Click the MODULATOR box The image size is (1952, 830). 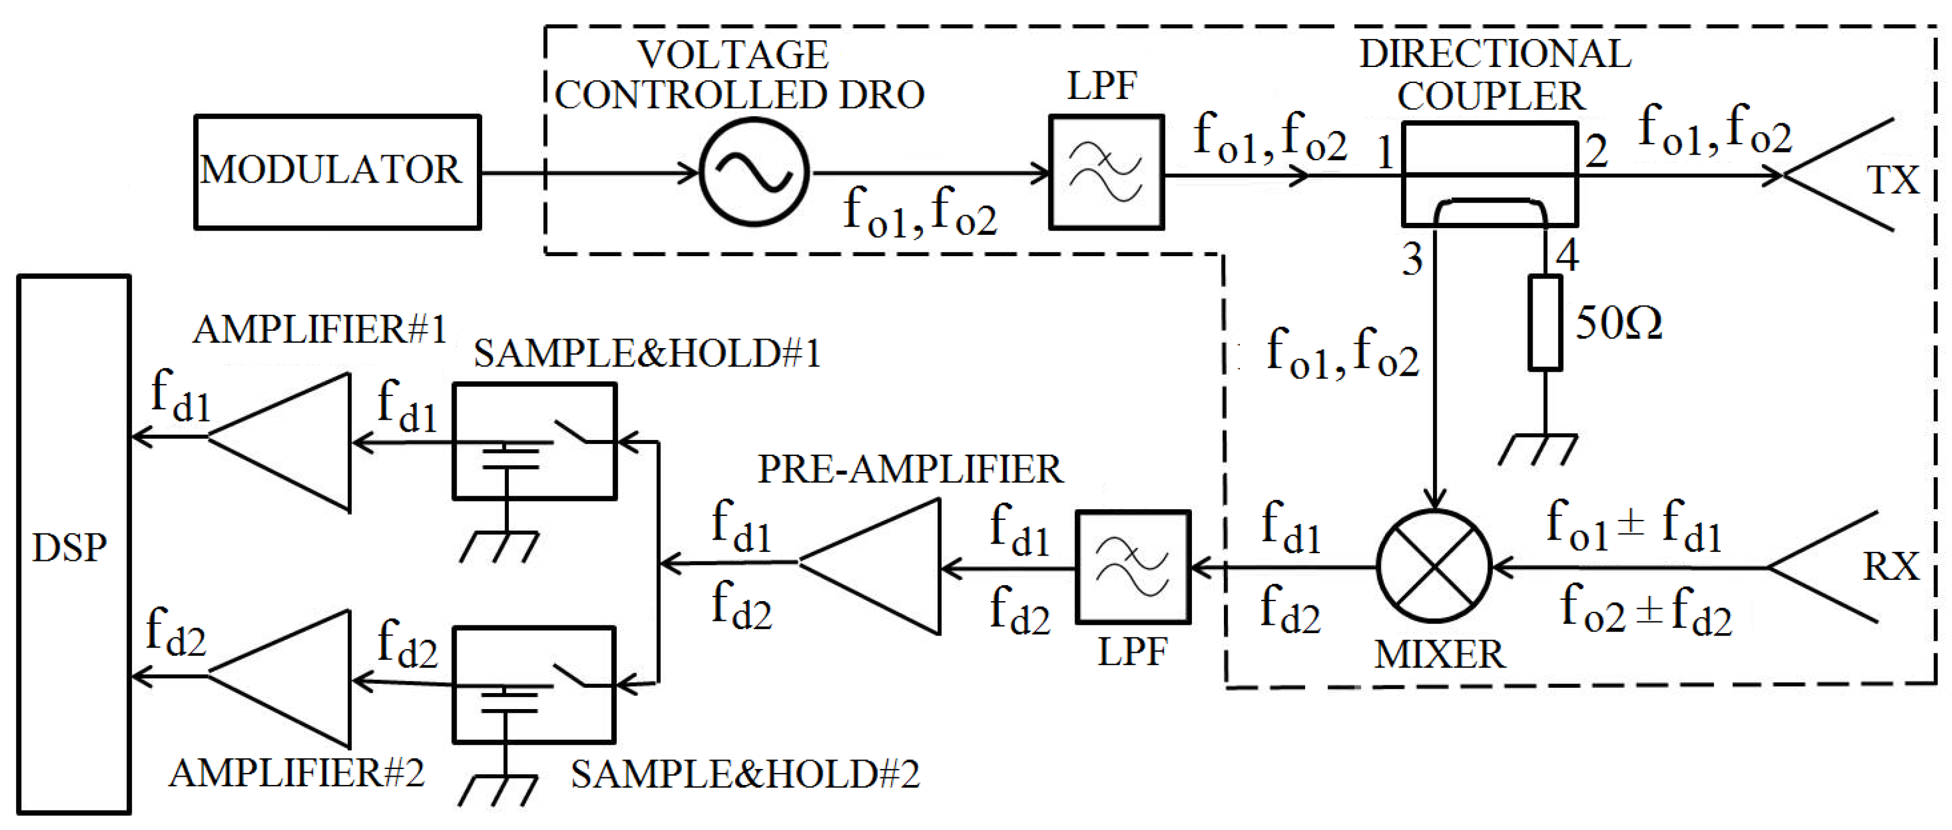(x=337, y=171)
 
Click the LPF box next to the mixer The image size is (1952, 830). (x=1133, y=567)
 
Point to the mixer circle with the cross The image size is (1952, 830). (x=1434, y=567)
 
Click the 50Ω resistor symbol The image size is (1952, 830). (x=1544, y=322)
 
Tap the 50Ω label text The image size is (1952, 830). (x=1618, y=324)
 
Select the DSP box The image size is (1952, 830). (x=73, y=544)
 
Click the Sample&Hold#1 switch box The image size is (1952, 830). (x=534, y=441)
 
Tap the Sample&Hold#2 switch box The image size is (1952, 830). (x=534, y=685)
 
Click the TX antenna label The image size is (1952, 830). (x=1893, y=180)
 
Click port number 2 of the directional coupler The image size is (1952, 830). (x=1596, y=152)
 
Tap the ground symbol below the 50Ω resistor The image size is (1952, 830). (x=1538, y=449)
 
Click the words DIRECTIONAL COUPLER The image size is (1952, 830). (x=1493, y=74)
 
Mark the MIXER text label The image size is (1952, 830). (x=1440, y=654)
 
